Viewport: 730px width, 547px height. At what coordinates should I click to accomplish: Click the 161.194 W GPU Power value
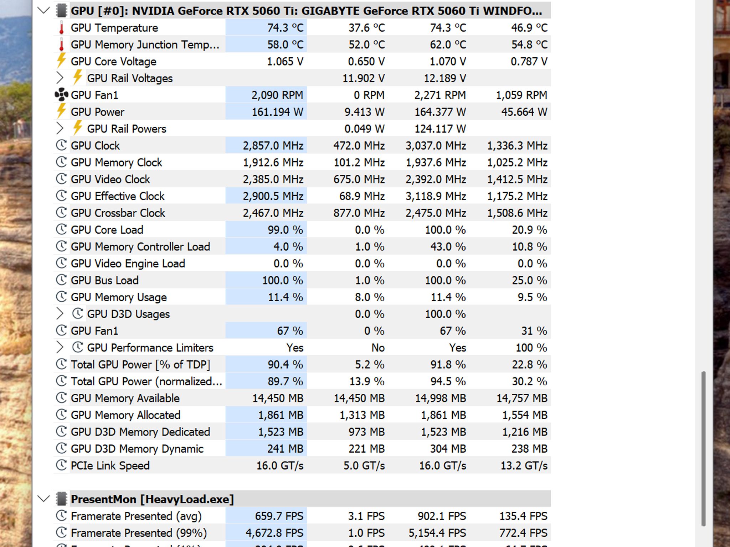(277, 112)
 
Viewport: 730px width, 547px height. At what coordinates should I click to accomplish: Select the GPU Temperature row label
(114, 28)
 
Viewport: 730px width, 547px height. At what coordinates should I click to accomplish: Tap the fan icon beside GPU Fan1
(61, 95)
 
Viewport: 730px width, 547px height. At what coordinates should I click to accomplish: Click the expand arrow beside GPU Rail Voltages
(60, 78)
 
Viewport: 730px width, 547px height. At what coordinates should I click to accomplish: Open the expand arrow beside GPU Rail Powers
(60, 129)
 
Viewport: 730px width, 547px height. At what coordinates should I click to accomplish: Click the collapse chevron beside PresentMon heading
(43, 499)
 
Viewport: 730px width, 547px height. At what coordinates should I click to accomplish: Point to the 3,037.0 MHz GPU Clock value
(436, 146)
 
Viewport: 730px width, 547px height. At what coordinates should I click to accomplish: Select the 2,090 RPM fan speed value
(277, 95)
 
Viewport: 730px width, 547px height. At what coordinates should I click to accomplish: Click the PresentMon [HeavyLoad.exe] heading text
(152, 499)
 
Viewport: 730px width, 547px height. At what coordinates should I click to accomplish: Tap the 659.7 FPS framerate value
(279, 516)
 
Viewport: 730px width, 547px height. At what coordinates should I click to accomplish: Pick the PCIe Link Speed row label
(110, 465)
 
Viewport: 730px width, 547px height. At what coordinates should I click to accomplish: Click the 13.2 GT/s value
(524, 465)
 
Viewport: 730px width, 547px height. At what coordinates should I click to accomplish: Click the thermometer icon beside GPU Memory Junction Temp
(61, 45)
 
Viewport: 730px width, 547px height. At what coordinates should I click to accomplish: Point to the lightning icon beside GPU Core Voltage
(61, 61)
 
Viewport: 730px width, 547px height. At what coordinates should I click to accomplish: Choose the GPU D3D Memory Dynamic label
(137, 449)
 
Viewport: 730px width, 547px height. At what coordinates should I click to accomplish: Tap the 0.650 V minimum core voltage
(366, 61)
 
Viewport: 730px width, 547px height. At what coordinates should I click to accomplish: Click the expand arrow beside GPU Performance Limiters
(60, 348)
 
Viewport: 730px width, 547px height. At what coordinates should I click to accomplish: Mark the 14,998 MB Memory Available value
(441, 398)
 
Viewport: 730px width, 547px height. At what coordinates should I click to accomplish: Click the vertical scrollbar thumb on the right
(703, 449)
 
